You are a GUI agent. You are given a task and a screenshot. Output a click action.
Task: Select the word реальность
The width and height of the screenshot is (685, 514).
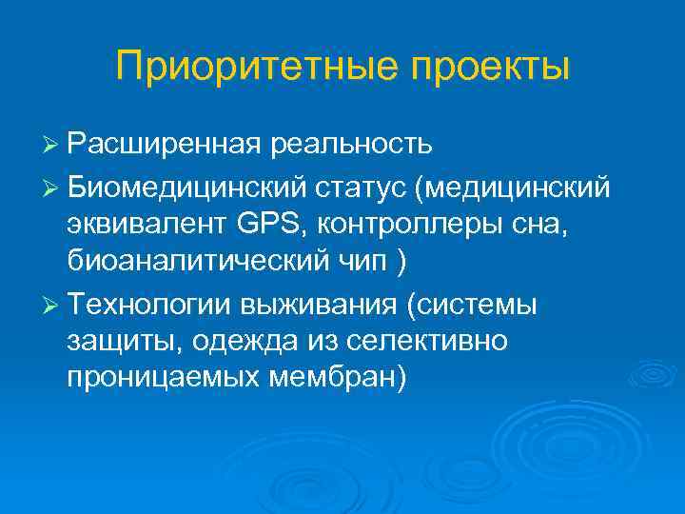[x=352, y=144]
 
